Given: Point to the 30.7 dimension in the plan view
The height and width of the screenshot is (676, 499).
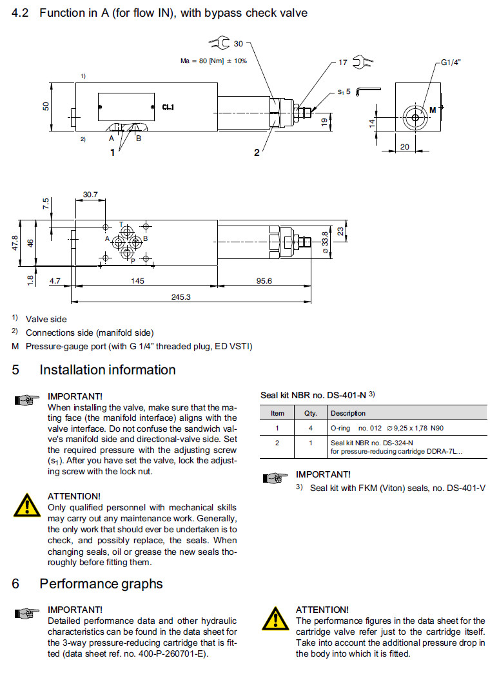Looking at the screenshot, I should click(90, 194).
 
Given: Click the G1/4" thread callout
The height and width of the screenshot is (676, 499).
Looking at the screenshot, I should click(450, 63).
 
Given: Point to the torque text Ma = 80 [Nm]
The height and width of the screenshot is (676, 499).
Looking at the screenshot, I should click(213, 61).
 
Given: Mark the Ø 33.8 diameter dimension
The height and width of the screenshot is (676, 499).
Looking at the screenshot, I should click(325, 242).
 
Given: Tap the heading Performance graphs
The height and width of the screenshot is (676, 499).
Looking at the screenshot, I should click(101, 584).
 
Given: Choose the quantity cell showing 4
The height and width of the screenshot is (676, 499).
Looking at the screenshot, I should click(310, 429).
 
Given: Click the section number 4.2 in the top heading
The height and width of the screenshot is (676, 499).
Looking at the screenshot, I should click(21, 13).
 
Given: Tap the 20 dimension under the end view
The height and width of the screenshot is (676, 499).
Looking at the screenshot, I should click(405, 146).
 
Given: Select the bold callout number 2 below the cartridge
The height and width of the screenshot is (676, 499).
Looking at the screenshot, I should click(257, 153).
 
